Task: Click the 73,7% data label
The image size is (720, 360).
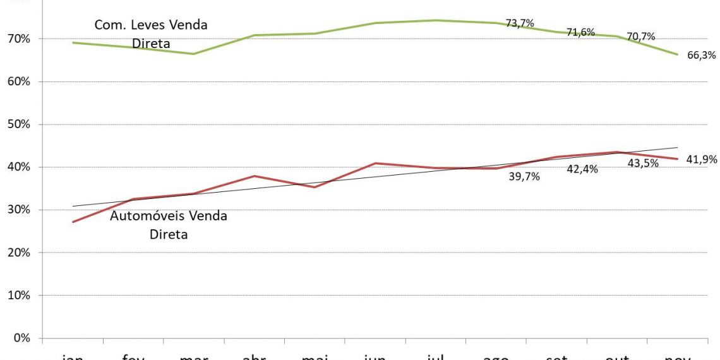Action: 520,23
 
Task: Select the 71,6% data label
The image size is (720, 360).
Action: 580,32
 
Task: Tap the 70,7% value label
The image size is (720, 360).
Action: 640,36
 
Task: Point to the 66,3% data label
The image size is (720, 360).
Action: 701,56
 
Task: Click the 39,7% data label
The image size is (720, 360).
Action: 524,177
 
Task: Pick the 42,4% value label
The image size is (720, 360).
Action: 582,169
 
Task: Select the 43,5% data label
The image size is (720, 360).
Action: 644,164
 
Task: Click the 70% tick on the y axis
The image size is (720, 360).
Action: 18,39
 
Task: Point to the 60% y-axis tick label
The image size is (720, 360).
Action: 18,82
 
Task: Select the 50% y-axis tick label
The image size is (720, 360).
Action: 18,124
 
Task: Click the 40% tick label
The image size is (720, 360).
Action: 18,167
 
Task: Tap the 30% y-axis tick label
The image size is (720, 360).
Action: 18,210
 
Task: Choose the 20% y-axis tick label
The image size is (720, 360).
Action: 18,253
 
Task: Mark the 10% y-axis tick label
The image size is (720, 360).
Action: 18,296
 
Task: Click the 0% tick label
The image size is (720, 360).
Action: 21,338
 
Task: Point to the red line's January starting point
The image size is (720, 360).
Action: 73,222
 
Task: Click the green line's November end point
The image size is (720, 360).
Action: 678,54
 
